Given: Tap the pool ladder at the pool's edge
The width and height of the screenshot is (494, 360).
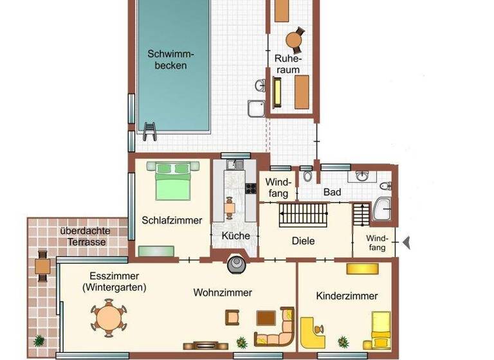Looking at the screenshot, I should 149,130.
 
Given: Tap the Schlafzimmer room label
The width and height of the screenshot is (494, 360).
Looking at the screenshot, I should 172,221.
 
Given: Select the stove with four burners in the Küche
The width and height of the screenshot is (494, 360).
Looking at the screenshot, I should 250,188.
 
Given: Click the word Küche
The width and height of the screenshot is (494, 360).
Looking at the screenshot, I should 235,236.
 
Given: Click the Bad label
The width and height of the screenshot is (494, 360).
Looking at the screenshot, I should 333,192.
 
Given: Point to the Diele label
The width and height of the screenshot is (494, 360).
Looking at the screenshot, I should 303,241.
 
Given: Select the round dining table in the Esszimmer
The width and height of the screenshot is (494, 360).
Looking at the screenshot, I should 108,318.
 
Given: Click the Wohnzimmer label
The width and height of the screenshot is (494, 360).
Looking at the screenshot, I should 223,292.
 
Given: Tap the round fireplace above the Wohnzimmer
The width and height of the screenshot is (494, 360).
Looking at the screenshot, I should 235,263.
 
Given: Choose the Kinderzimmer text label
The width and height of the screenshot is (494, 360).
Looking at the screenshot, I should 347,296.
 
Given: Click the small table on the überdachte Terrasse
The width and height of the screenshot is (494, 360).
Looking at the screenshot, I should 43,265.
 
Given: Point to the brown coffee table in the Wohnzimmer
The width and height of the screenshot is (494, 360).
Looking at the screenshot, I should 266,317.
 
